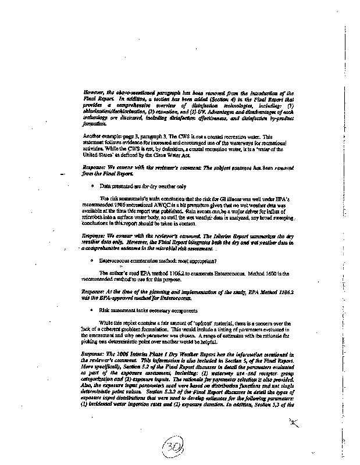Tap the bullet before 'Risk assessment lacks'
92,310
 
